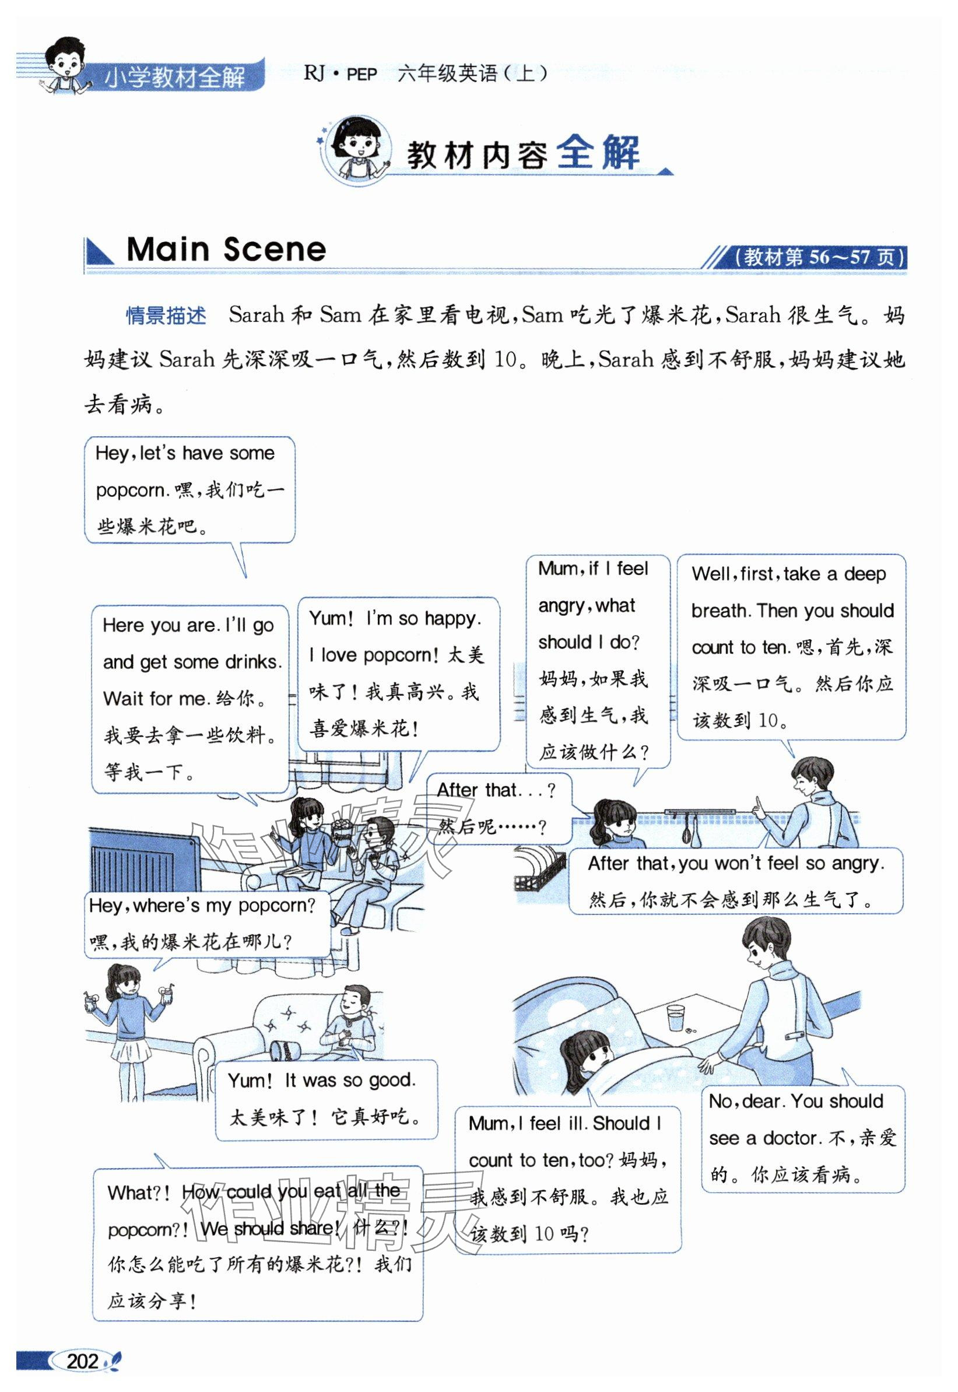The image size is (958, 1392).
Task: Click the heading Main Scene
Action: click(226, 249)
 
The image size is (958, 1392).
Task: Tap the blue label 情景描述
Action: click(166, 315)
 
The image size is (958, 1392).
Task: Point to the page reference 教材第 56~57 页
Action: click(820, 258)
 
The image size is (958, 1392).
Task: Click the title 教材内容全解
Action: click(522, 155)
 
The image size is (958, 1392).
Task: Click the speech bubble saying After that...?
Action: click(497, 808)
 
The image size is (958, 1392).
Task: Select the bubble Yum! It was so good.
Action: click(326, 1099)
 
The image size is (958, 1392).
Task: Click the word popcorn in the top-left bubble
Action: click(129, 490)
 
